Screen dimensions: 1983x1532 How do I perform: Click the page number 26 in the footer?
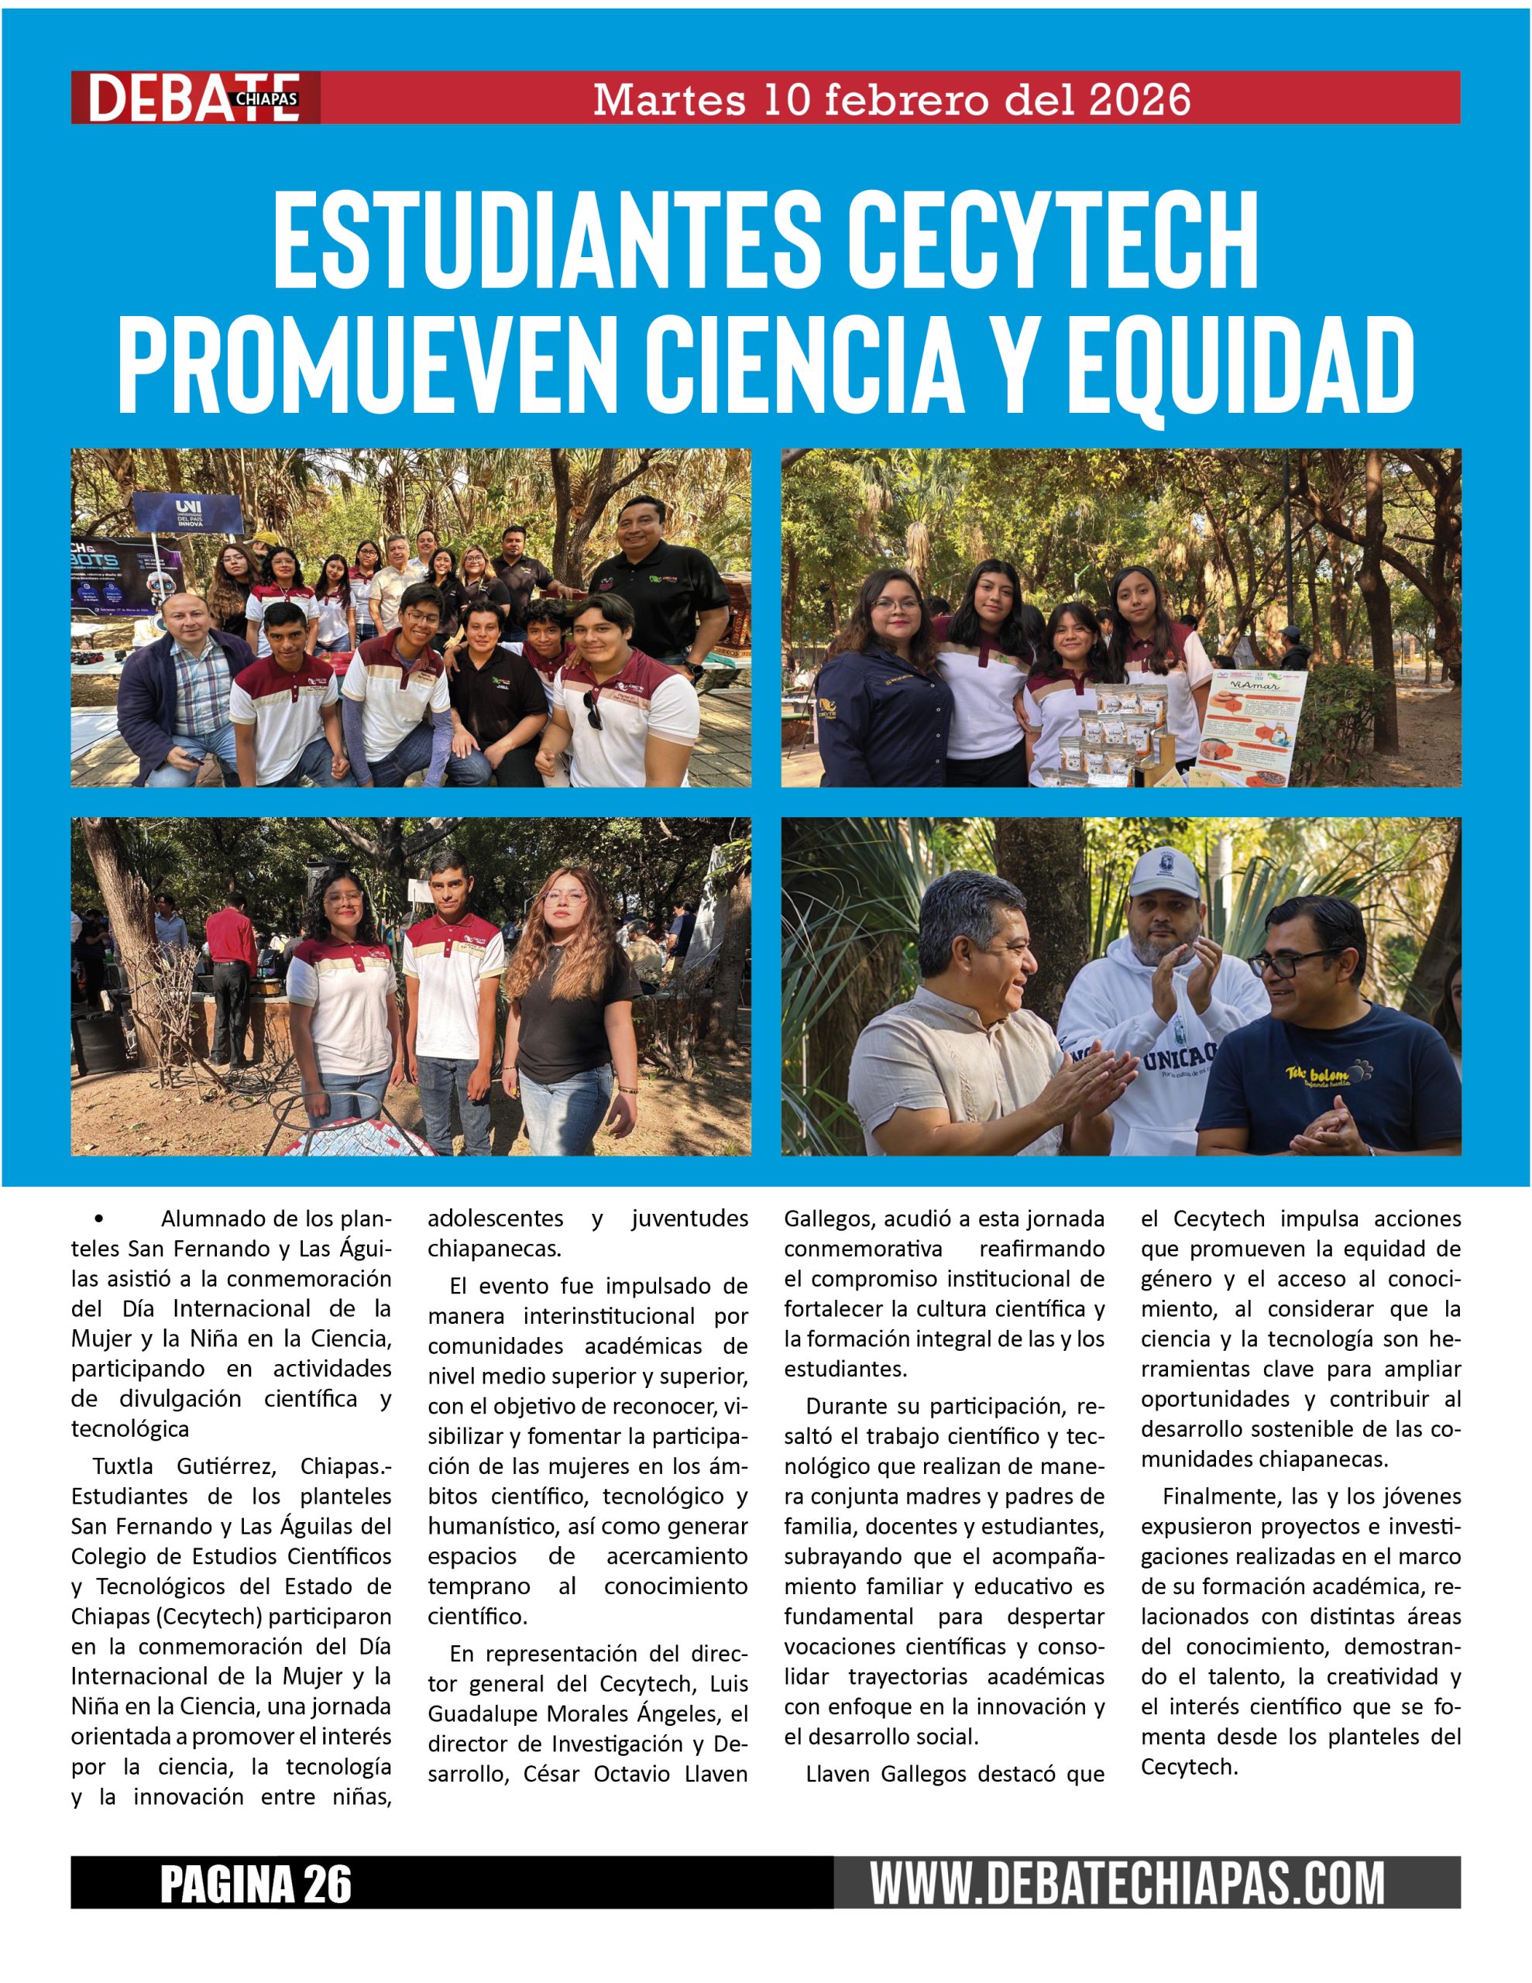(x=326, y=1884)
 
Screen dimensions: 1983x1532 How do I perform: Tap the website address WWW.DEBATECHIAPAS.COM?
(x=1127, y=1884)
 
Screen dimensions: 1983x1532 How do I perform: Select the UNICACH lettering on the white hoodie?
(x=1178, y=1059)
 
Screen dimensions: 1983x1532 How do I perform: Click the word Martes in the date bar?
(x=668, y=99)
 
